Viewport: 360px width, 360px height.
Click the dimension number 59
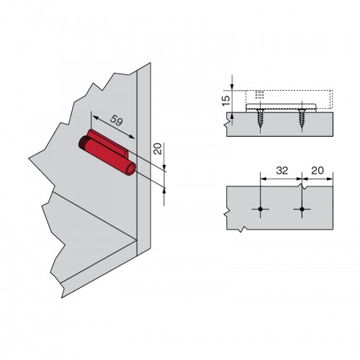point(117,120)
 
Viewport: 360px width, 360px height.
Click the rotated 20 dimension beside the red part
point(158,149)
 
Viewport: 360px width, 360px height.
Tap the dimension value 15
point(226,101)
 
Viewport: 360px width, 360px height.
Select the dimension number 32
point(282,171)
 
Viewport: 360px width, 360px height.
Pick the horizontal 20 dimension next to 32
point(318,171)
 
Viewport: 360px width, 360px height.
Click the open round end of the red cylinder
point(131,169)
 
